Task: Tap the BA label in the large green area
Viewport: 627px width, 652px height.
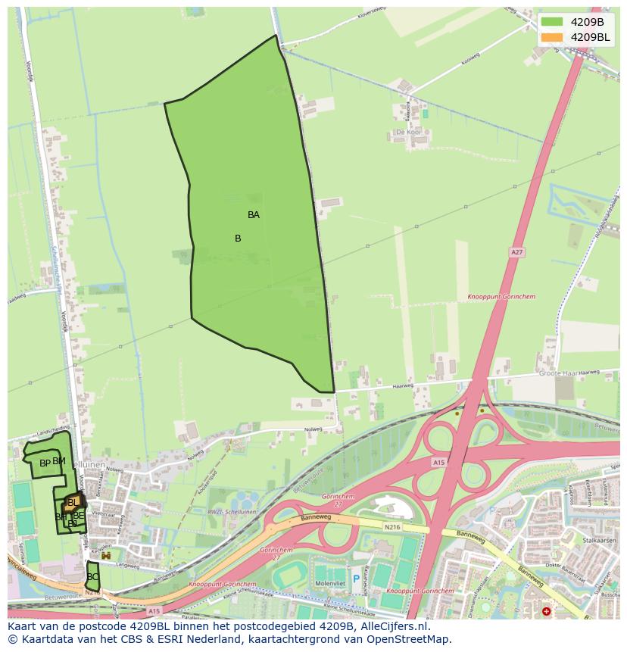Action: tap(254, 215)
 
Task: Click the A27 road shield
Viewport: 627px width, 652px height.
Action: tap(516, 252)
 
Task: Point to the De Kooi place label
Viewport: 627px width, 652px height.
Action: tap(408, 132)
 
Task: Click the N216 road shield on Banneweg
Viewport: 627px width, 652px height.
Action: tap(391, 527)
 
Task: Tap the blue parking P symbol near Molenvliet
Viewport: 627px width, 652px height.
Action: tap(356, 580)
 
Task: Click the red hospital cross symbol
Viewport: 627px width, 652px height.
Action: tap(547, 611)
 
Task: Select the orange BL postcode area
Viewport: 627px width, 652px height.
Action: tap(72, 503)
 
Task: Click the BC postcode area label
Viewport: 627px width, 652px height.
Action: tap(92, 577)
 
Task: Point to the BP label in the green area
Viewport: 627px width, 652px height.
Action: tap(45, 463)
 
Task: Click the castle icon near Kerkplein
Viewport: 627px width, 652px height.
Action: tap(106, 556)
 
